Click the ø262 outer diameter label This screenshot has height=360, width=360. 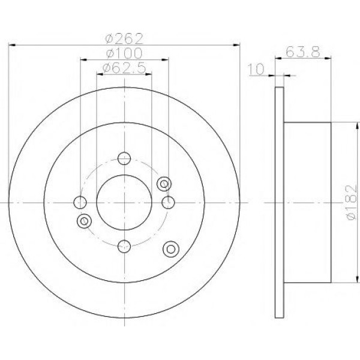[124, 38]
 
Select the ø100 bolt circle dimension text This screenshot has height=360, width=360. [124, 53]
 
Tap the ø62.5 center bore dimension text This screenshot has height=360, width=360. [124, 68]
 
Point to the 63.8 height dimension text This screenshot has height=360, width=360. [303, 52]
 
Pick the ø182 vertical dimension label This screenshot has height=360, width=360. [352, 203]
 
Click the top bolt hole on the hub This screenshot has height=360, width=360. [124, 158]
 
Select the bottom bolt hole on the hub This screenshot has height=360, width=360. [124, 247]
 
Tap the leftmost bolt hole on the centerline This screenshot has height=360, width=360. [80, 202]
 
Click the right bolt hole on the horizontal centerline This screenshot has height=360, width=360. [168, 202]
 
